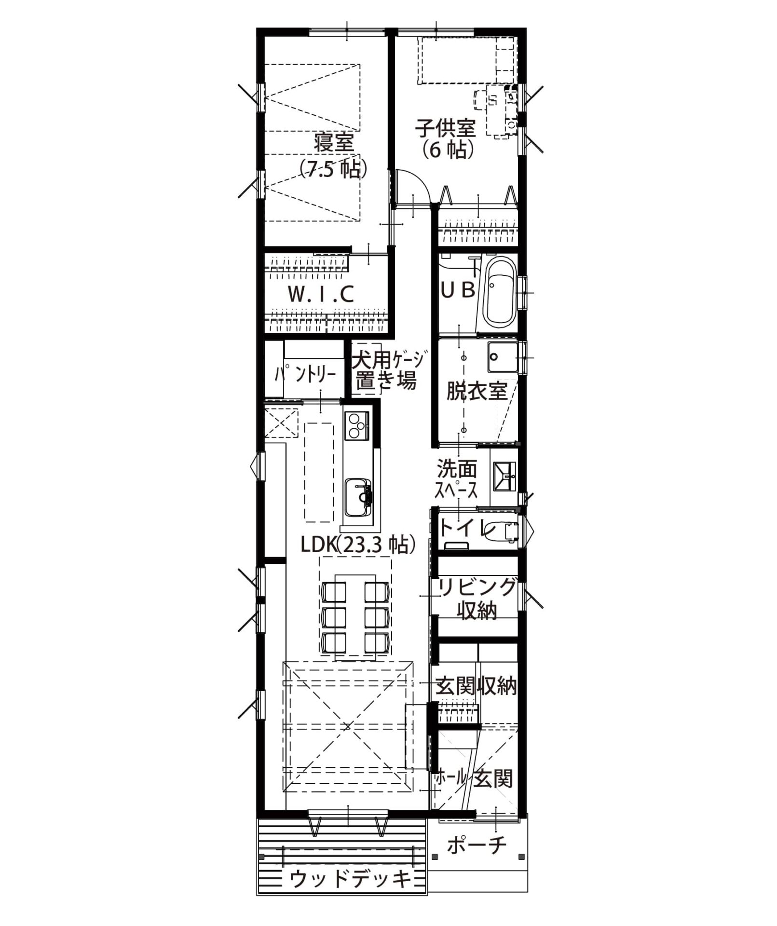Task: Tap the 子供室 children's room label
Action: click(446, 128)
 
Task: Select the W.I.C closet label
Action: click(321, 294)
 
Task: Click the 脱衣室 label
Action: click(477, 391)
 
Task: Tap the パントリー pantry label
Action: click(305, 375)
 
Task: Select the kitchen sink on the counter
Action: click(358, 497)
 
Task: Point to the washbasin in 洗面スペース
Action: click(504, 476)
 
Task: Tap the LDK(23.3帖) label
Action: click(358, 545)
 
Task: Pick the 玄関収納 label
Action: click(477, 686)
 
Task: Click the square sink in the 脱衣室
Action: click(502, 356)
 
